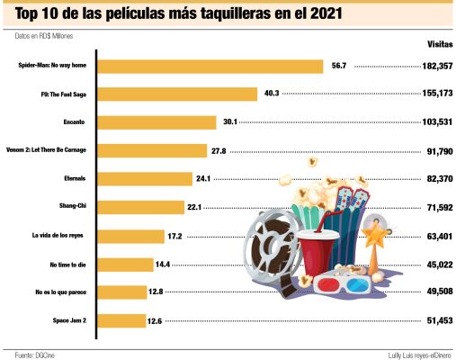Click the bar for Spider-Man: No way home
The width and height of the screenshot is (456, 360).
pos(209,66)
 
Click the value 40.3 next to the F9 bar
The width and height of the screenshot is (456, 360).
pos(273,94)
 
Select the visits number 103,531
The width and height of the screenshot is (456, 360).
pos(432,122)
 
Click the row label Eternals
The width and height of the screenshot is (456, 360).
pos(76,179)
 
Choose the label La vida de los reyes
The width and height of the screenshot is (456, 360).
pos(57,236)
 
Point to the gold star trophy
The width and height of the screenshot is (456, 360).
pos(374,236)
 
